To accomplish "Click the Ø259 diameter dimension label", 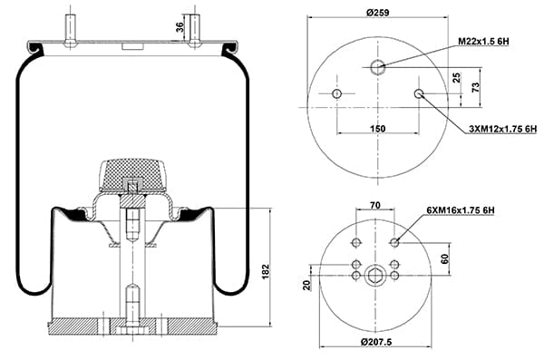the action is [x=378, y=13].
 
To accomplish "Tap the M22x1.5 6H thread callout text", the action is [x=483, y=42].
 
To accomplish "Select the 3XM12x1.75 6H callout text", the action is [x=502, y=129].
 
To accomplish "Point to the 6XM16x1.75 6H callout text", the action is [x=461, y=210].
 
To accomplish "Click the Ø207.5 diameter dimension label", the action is [x=376, y=342].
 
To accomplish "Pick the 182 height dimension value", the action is [x=265, y=272].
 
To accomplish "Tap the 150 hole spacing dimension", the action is [x=377, y=129].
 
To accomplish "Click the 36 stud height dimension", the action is [x=180, y=27].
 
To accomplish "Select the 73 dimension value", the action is [x=476, y=87].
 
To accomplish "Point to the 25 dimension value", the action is [x=457, y=77].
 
